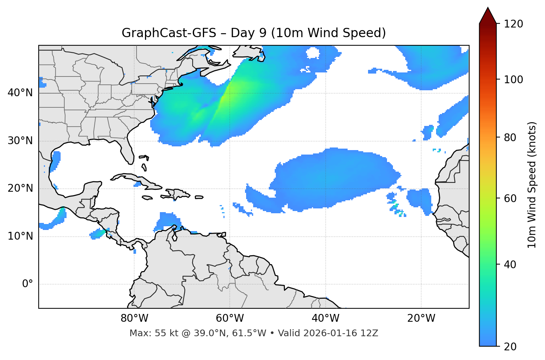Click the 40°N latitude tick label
click(20, 93)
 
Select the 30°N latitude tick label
click(20, 141)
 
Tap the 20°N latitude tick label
click(20, 188)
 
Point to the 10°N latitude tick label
click(20, 236)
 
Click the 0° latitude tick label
click(28, 284)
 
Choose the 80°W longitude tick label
click(134, 318)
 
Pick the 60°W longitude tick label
click(230, 318)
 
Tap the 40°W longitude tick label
click(326, 318)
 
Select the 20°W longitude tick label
click(421, 318)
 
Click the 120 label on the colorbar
click(513, 24)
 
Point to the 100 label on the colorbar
click(513, 80)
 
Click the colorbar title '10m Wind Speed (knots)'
click(532, 185)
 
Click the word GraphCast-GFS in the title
click(169, 33)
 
